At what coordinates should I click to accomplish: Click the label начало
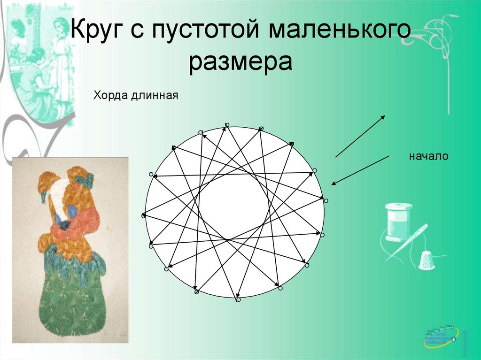(x=428, y=156)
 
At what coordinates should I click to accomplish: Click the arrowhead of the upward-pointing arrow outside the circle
(x=384, y=117)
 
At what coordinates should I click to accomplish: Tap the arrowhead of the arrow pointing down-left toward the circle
(x=333, y=184)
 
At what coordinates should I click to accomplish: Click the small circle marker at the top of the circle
(x=227, y=125)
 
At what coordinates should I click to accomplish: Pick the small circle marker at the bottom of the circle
(x=238, y=299)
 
